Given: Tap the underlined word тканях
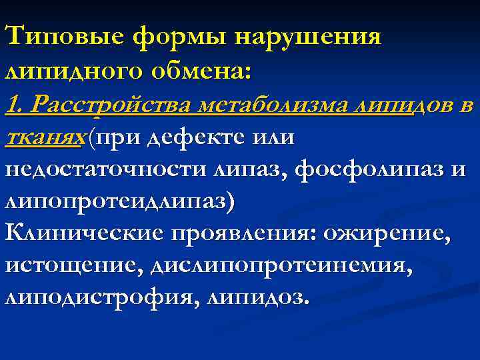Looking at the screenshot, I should tap(44, 137).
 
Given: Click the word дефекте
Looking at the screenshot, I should tap(191, 137).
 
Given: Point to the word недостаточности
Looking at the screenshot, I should tap(103, 170).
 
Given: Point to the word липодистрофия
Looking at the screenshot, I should tap(93, 299).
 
